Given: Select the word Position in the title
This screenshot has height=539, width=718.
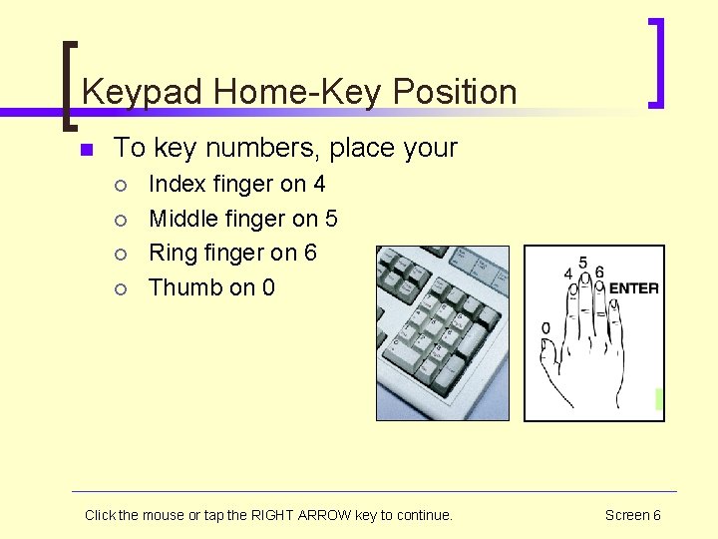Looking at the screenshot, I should pos(455,93).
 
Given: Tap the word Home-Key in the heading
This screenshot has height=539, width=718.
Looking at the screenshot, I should pos(296,93).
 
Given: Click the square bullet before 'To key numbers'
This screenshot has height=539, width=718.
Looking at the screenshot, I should pos(86,150).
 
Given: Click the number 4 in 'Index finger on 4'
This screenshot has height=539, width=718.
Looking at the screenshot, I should pos(319,184).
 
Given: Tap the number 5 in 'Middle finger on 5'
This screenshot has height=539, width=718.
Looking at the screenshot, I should pos(331,219).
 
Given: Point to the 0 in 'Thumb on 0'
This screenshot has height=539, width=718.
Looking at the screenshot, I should pos(268,287).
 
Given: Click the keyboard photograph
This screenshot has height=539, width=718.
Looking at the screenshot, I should pos(442,333).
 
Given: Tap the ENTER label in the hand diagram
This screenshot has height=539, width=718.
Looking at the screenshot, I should pos(633,288).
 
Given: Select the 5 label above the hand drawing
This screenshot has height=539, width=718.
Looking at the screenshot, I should pos(582,262).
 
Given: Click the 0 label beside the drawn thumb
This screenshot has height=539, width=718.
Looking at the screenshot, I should pos(545,328).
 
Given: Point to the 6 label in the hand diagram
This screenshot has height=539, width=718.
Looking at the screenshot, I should pos(598,271).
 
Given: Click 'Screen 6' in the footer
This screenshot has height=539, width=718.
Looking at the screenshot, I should pos(632,515).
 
